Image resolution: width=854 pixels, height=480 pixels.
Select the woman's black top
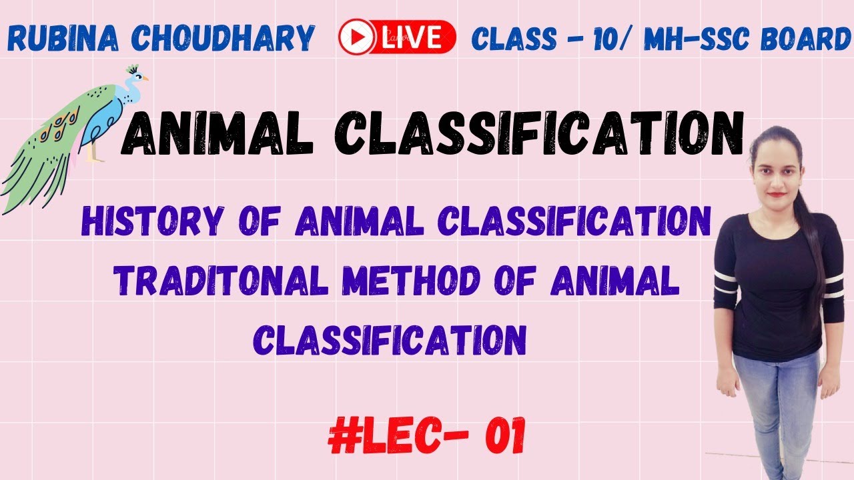[x=777, y=280]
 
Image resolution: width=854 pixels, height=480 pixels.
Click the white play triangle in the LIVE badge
[x=355, y=37]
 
